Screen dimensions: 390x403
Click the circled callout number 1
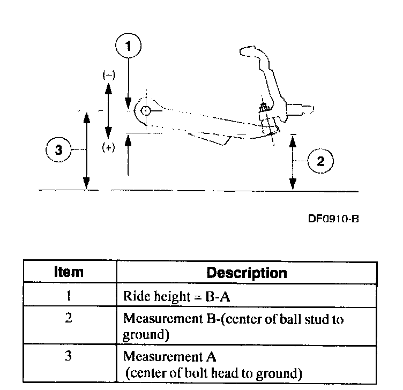(128, 47)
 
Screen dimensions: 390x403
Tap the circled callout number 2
(320, 161)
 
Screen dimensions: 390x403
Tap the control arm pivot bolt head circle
(145, 110)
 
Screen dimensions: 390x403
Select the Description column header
(247, 273)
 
